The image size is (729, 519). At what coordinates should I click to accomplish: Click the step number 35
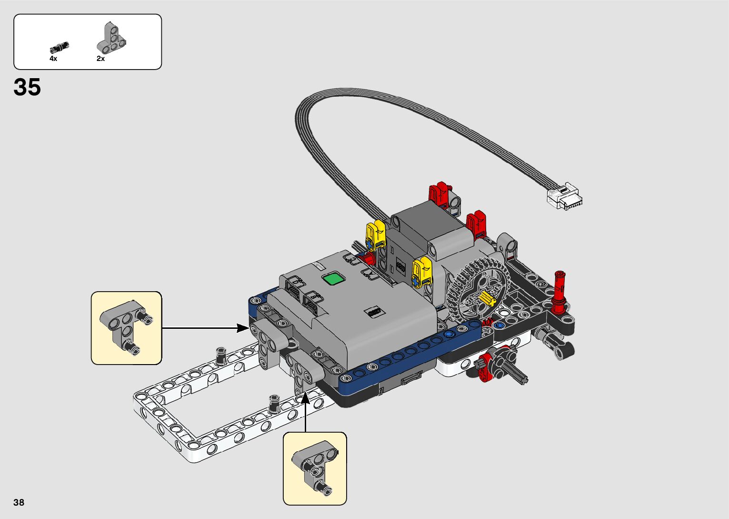[x=27, y=87]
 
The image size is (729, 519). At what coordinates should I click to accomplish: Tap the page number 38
[x=19, y=502]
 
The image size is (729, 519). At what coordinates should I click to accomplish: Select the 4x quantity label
[x=53, y=59]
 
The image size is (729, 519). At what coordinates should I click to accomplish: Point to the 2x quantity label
[x=100, y=59]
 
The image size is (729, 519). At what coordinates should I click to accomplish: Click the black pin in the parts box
[x=59, y=47]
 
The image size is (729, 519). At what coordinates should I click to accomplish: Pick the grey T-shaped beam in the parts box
[x=111, y=38]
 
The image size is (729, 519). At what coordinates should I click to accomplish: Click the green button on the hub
[x=333, y=279]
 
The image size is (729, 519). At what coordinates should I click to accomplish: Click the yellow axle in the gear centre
[x=487, y=299]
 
